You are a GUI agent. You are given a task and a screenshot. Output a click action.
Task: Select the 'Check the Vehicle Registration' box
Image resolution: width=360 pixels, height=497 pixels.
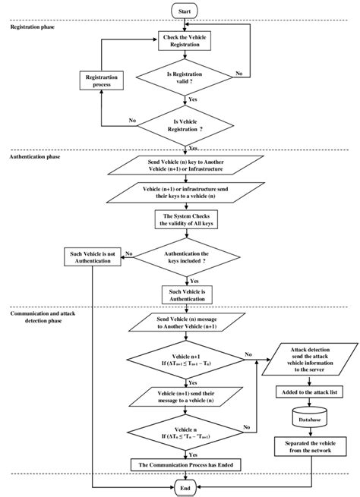pos(185,41)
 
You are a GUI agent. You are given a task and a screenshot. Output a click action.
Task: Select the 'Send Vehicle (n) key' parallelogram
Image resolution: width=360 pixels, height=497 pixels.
pos(185,168)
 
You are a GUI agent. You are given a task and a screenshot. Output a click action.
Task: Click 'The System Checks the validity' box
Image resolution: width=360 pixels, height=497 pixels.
pos(185,220)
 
